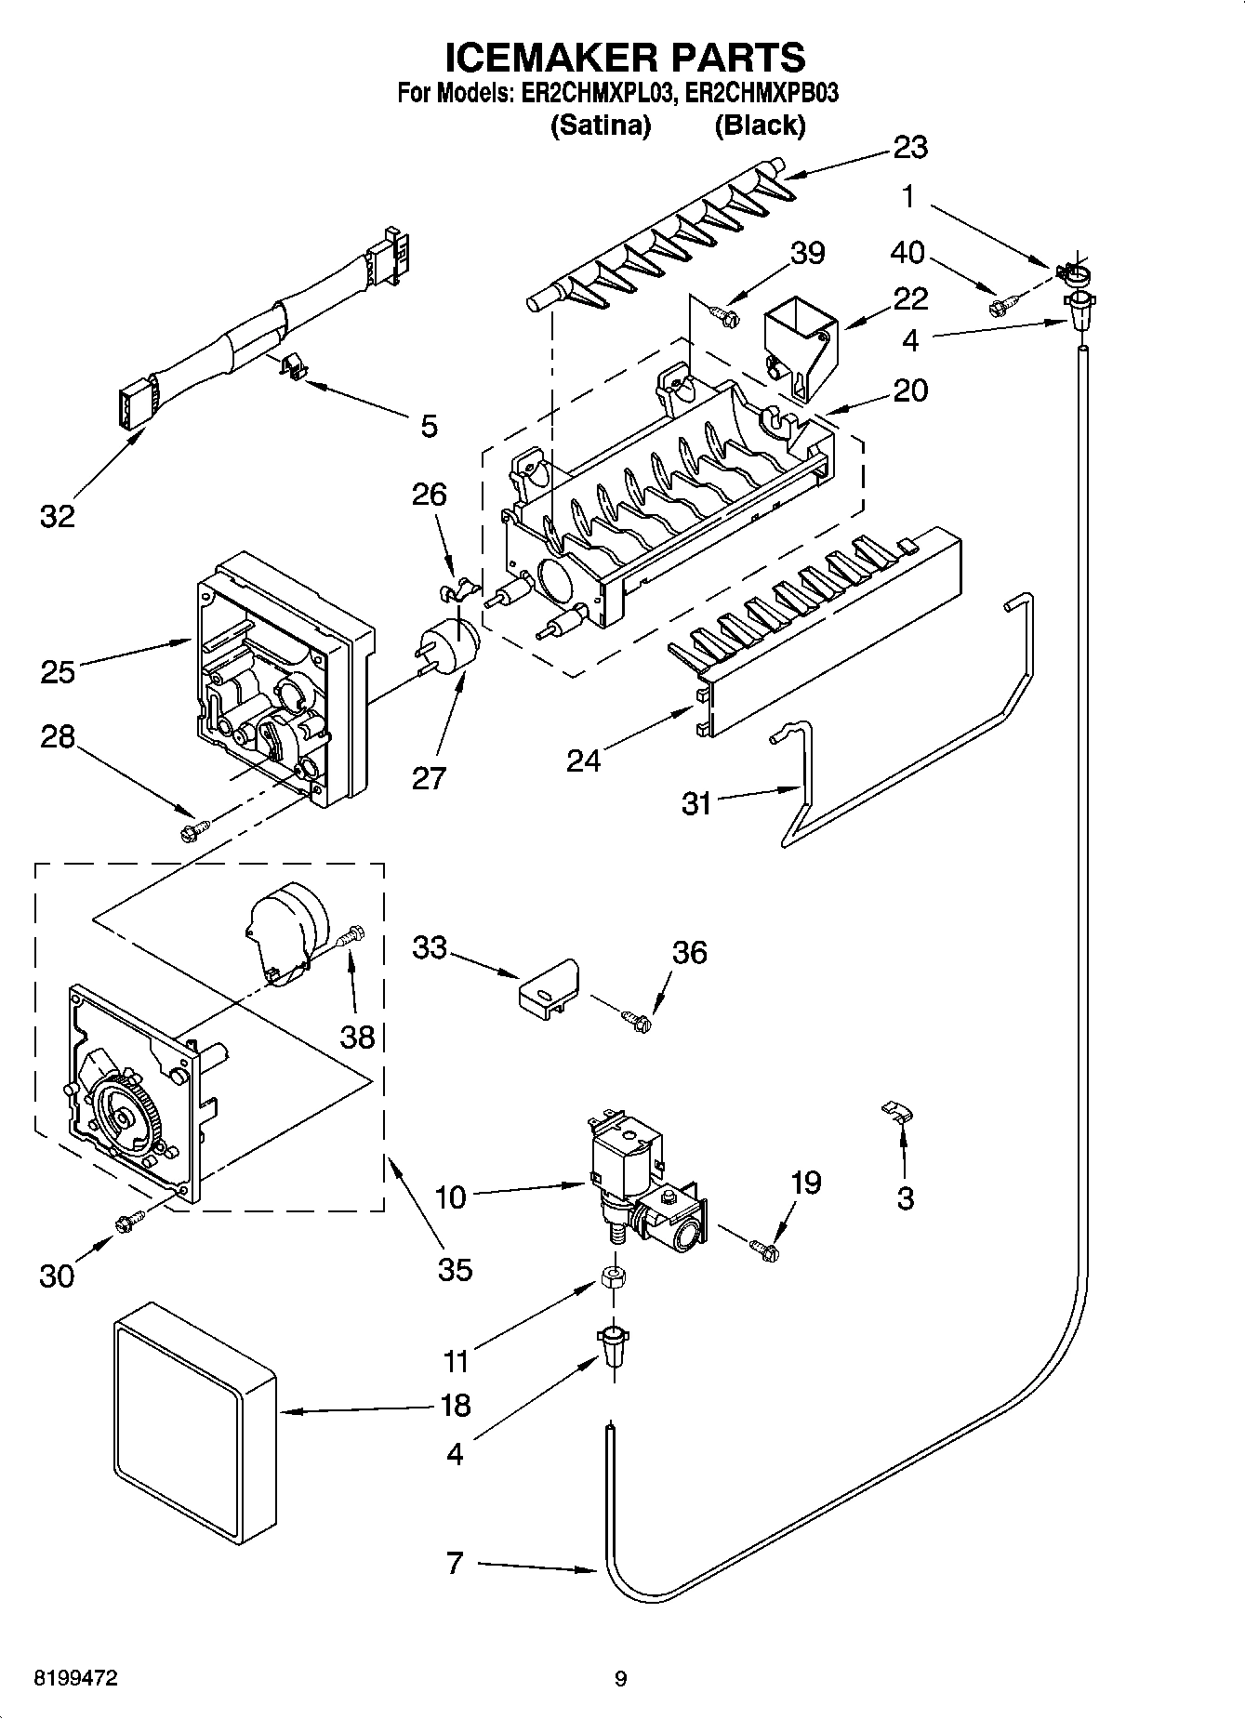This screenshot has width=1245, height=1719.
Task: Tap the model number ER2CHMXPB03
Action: [x=755, y=93]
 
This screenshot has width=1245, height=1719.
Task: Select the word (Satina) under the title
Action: [x=601, y=125]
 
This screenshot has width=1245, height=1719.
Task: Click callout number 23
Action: [x=910, y=147]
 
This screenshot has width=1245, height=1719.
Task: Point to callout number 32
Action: [x=57, y=515]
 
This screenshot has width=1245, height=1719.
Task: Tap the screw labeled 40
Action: [x=1004, y=302]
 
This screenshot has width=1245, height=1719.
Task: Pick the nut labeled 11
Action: [x=614, y=1276]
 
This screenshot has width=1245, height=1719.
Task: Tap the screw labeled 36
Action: [x=638, y=1020]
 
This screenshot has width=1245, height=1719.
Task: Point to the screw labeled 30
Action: [x=127, y=1223]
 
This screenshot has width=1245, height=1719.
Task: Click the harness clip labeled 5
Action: [x=295, y=364]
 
